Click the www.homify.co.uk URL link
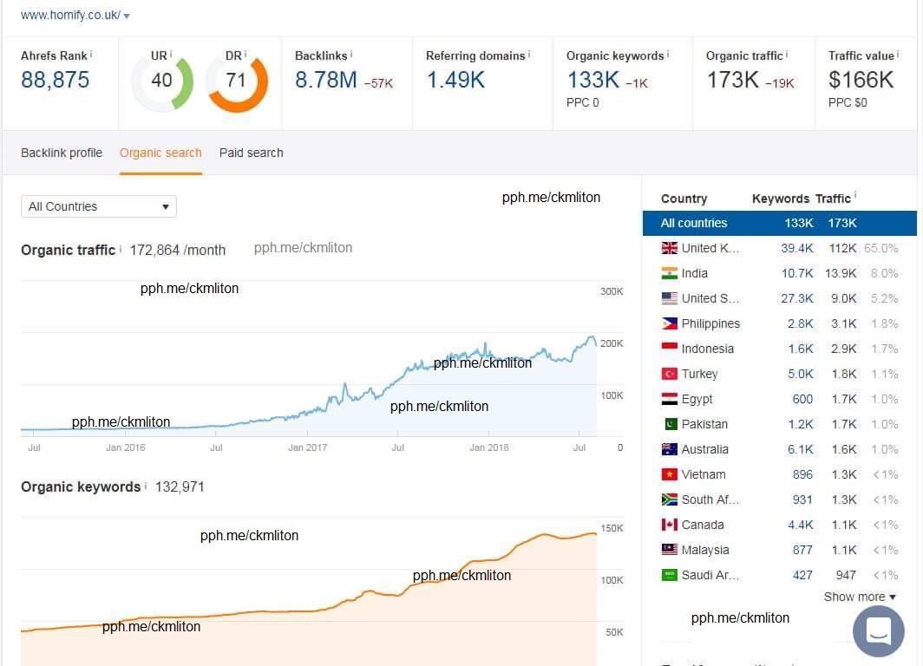[x=70, y=16]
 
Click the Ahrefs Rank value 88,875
[x=55, y=81]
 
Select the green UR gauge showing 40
[x=162, y=81]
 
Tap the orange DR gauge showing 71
[x=236, y=81]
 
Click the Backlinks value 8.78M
[x=326, y=81]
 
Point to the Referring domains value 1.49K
[x=455, y=81]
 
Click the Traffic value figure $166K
[x=861, y=81]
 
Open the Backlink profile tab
[x=62, y=153]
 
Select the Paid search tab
[x=251, y=153]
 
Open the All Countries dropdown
[x=99, y=206]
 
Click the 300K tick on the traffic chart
[x=612, y=291]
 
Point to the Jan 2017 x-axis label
[x=308, y=448]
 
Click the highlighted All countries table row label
[x=694, y=223]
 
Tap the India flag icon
[x=670, y=273]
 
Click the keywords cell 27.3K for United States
[x=796, y=298]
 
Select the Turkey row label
[x=699, y=374]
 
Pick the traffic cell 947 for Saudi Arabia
[x=846, y=575]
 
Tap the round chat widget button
[x=878, y=630]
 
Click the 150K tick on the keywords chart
[x=612, y=529]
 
